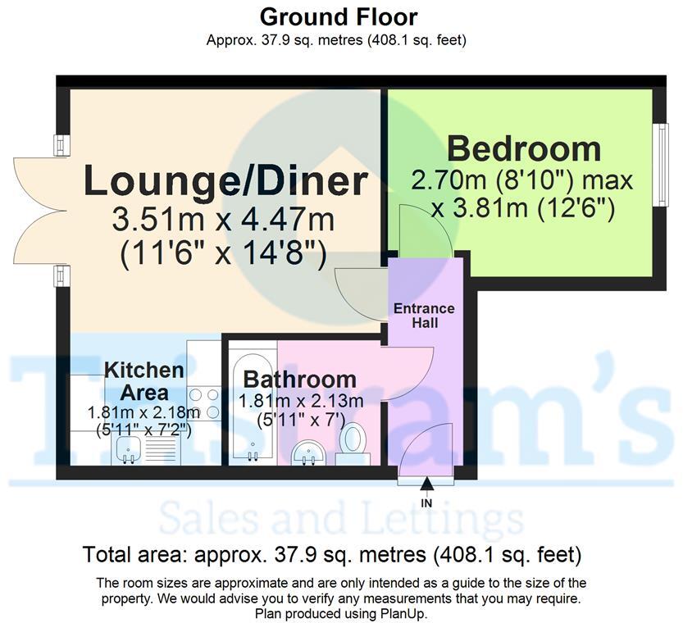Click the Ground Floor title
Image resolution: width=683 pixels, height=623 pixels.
point(339,16)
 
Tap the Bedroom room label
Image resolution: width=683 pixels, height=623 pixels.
point(523,149)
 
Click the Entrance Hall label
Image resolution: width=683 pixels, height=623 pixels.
point(424,316)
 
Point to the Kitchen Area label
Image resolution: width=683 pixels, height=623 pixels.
point(132,380)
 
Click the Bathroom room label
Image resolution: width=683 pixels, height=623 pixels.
point(299,380)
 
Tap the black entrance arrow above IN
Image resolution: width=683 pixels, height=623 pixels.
point(426,489)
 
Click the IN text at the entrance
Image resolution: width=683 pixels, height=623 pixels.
point(426,503)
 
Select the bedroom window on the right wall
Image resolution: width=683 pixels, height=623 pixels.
point(658,164)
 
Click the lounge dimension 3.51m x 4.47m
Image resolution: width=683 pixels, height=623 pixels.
point(223,221)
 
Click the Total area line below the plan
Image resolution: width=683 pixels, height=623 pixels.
point(332,555)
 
